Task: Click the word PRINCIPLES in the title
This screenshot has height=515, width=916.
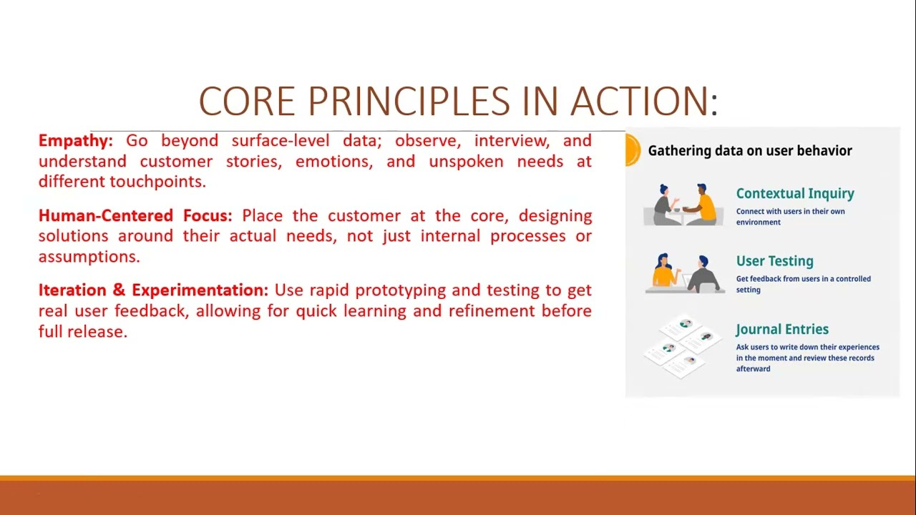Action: pos(409,102)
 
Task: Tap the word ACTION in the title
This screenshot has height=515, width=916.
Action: pos(640,102)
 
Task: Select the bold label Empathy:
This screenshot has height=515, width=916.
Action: pos(76,142)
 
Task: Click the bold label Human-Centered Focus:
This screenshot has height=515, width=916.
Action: pos(135,216)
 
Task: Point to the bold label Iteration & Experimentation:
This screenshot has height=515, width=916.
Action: pos(153,290)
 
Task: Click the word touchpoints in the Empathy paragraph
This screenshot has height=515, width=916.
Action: pos(157,182)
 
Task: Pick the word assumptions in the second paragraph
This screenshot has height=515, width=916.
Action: pos(89,257)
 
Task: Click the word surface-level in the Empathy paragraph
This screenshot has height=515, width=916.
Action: pos(281,141)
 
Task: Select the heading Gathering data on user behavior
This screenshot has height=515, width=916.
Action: pos(750,151)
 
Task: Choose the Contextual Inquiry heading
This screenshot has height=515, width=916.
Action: pos(795,194)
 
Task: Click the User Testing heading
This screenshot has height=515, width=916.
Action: pos(774,261)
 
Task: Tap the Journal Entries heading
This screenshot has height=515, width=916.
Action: pos(782,330)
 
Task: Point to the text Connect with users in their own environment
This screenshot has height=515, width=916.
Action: pos(790,217)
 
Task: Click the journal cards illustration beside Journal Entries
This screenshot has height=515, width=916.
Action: pos(682,347)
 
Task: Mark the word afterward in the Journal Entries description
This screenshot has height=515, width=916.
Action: pos(754,369)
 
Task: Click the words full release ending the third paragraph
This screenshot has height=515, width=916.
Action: pos(83,332)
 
